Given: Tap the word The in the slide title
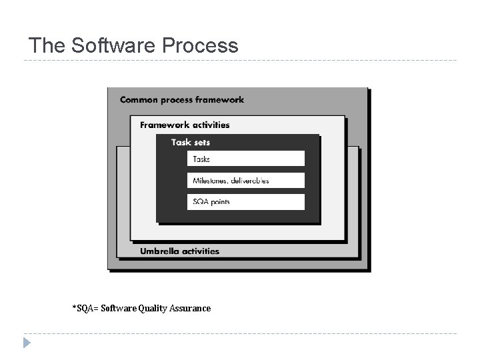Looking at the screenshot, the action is pos(46,45).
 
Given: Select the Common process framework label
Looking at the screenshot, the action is pos(181,100).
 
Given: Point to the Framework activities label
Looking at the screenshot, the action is pos(184,125).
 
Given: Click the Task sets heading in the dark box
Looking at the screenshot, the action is pos(190,142).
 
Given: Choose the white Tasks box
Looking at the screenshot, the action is pos(245,159).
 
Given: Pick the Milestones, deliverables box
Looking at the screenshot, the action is pos(245,181).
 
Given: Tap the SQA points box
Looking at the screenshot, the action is pos(245,202).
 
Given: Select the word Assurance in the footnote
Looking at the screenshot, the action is pos(191,308).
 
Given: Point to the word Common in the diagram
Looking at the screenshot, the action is pos(139,100).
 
